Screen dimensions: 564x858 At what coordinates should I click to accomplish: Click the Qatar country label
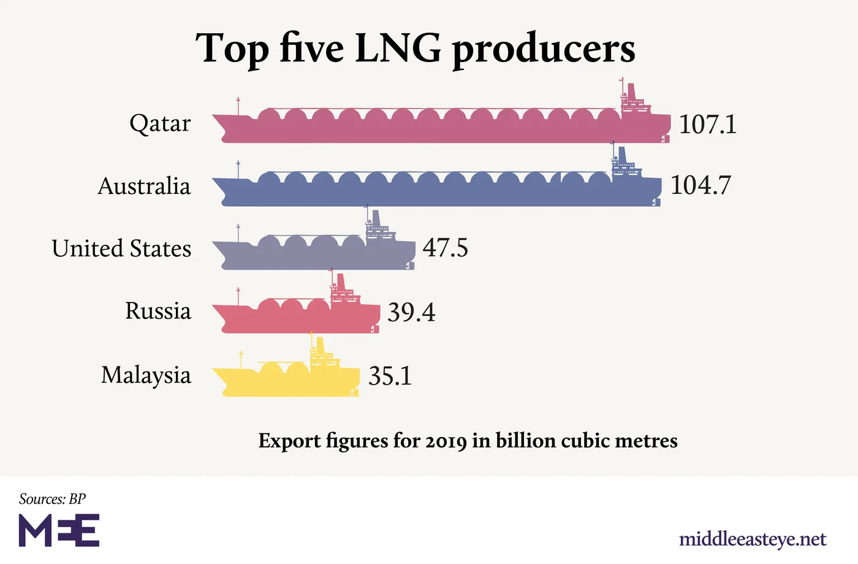tap(160, 124)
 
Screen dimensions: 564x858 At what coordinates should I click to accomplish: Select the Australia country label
tap(144, 186)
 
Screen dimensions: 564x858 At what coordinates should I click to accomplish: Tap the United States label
tap(121, 249)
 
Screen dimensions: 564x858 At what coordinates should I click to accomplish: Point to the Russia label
tap(158, 311)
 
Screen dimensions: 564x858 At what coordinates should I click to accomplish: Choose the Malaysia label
tap(146, 375)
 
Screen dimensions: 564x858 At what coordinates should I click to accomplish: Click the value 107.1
tap(707, 125)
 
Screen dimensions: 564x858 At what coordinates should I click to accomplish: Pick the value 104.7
tap(700, 185)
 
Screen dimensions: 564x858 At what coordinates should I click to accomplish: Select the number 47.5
tap(445, 248)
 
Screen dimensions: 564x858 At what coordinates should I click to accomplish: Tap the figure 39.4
tap(411, 312)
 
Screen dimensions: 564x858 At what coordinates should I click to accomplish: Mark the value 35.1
tap(390, 376)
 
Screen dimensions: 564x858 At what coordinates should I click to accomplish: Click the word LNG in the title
tap(398, 48)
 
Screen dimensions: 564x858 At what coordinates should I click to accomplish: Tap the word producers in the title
tap(543, 49)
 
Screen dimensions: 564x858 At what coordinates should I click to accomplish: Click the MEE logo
tap(59, 531)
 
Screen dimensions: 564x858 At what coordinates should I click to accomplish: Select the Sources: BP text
tap(52, 499)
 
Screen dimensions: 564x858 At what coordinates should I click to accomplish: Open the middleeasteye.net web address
tap(753, 539)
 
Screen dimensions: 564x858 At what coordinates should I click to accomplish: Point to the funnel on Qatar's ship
tap(631, 90)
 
